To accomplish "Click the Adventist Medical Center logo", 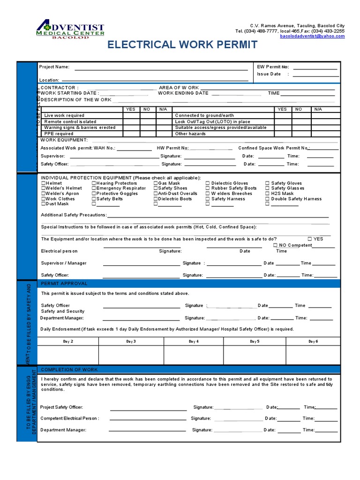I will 70,31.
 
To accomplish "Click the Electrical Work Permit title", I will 182,45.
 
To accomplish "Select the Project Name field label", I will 54,67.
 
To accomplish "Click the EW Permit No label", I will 273,67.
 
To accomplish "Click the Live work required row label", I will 64,115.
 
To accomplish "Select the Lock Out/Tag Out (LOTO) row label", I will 212,121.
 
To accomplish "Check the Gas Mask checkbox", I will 156,183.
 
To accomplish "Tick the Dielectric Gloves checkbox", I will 208,183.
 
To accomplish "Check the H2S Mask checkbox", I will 267,194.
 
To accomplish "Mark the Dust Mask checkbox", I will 44,204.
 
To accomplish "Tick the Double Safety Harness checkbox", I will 267,199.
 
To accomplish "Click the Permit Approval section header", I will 64,284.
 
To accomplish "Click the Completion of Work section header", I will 69,370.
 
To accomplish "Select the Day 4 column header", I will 193,342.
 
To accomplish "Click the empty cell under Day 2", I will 68,355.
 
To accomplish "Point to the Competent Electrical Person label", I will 70,418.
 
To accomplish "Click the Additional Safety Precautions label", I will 74,215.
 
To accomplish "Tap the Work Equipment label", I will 64,140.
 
